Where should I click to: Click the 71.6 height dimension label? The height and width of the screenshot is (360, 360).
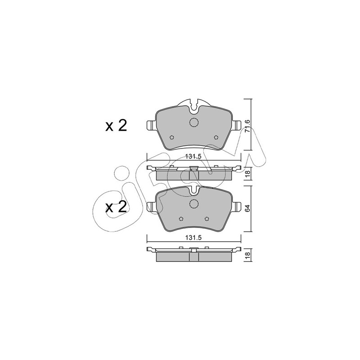point(247,126)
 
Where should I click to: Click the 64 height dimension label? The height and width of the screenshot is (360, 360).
point(247,208)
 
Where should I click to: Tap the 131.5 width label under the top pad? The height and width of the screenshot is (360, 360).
point(193,157)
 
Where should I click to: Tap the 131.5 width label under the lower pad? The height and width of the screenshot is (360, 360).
point(193,238)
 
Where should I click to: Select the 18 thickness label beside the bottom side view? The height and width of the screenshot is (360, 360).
point(247,255)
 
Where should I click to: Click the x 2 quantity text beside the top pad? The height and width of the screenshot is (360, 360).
point(116,126)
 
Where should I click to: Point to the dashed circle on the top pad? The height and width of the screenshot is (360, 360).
point(194,122)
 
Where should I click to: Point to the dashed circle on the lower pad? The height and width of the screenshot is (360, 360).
point(194,204)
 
